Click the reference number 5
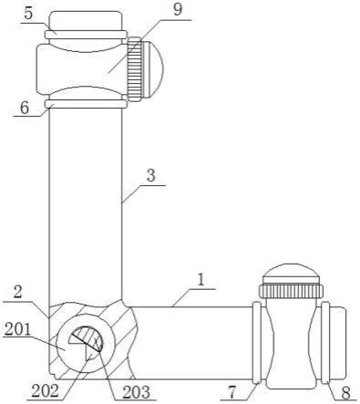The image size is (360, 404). (28, 15)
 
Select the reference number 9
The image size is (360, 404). (177, 9)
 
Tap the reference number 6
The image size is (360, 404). (25, 108)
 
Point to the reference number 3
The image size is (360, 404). (151, 176)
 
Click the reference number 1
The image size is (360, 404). (201, 280)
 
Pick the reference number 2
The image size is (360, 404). (18, 293)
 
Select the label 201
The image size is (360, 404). (18, 329)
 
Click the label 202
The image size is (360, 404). (45, 391)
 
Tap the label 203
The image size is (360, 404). (137, 392)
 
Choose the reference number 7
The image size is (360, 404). (231, 393)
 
